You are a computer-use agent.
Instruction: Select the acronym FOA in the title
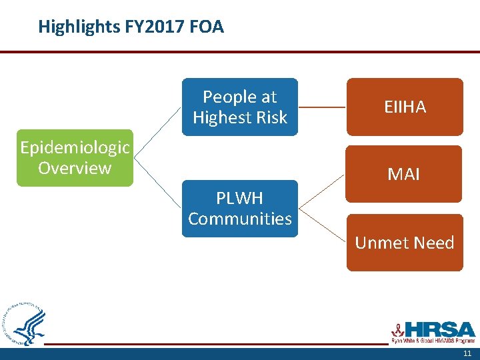pyautogui.click(x=207, y=27)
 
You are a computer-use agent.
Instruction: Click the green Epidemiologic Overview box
pyautogui.click(x=75, y=158)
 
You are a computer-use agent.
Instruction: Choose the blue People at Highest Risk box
pyautogui.click(x=240, y=107)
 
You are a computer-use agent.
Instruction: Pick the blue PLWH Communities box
pyautogui.click(x=240, y=208)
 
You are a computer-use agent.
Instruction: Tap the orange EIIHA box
pyautogui.click(x=405, y=107)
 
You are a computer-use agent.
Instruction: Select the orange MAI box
pyautogui.click(x=405, y=174)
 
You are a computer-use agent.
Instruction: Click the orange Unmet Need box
pyautogui.click(x=405, y=243)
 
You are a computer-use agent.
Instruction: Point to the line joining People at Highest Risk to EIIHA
pyautogui.click(x=322, y=107)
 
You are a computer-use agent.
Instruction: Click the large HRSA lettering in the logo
pyautogui.click(x=440, y=329)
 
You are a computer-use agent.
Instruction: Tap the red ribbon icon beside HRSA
pyautogui.click(x=397, y=329)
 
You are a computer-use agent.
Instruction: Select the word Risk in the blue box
pyautogui.click(x=271, y=117)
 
